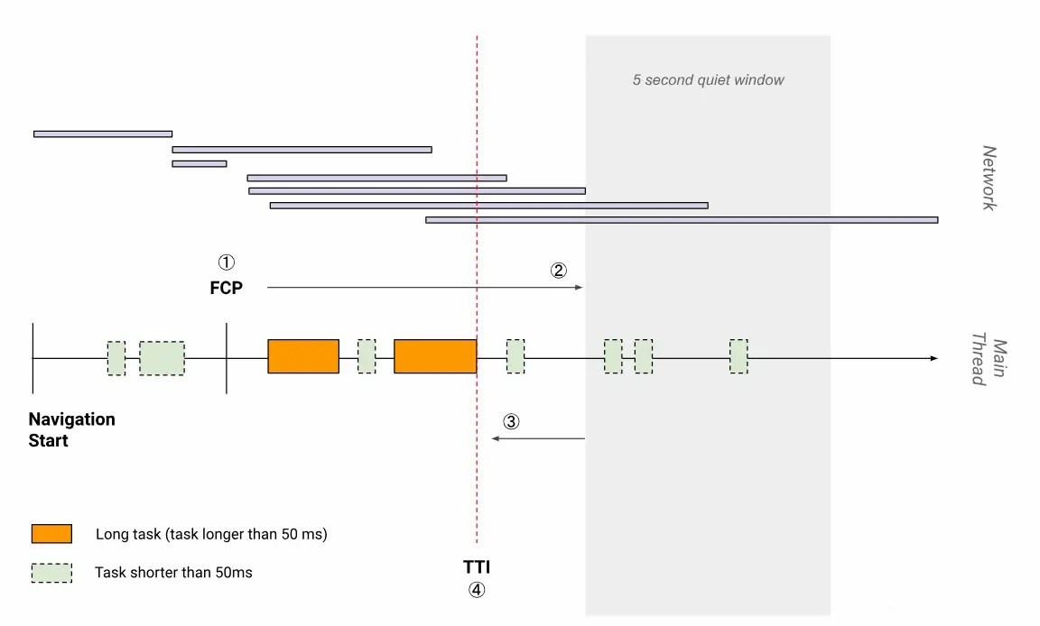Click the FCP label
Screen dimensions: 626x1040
click(227, 288)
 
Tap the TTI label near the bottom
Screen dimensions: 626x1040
click(477, 567)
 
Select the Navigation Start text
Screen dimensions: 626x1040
click(71, 430)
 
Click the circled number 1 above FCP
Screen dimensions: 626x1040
click(227, 262)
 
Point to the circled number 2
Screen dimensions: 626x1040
click(559, 270)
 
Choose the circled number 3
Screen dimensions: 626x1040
click(511, 421)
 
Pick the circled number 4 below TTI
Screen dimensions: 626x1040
click(477, 591)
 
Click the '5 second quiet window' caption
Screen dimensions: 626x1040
click(708, 79)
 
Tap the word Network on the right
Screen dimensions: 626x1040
click(989, 178)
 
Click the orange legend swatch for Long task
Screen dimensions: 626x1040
click(51, 533)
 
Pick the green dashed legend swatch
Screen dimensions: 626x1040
click(51, 572)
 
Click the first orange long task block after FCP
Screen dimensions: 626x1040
click(303, 356)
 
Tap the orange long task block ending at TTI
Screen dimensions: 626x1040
click(435, 356)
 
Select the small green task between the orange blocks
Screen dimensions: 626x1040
click(367, 356)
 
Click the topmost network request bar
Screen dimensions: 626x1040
click(102, 133)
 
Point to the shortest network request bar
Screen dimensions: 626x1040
click(199, 163)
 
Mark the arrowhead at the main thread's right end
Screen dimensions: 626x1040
click(934, 359)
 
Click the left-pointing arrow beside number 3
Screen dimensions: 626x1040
click(538, 438)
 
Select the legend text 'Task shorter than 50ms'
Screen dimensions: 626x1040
click(173, 572)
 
